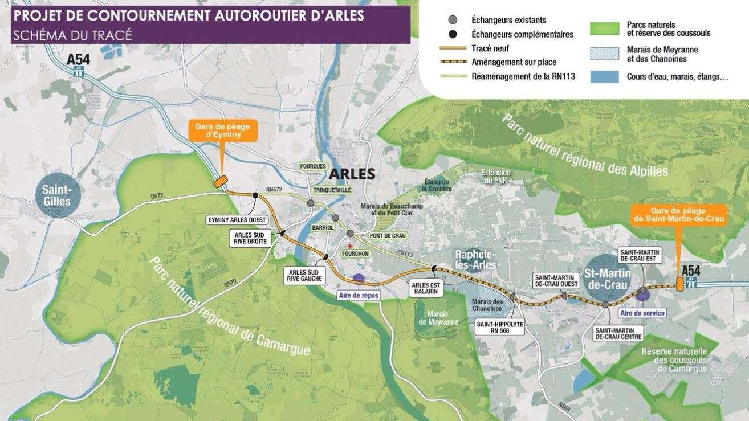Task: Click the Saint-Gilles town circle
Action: (x=56, y=195)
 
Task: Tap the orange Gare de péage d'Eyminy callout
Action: (x=222, y=130)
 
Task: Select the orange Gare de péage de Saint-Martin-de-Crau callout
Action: (x=679, y=215)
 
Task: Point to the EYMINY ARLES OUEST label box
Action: (x=236, y=219)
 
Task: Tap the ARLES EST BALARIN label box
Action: (x=426, y=287)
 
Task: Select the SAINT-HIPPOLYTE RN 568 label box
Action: (x=499, y=326)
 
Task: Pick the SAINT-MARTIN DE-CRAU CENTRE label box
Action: (x=618, y=333)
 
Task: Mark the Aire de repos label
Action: (x=359, y=295)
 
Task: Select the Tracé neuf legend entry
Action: (x=490, y=48)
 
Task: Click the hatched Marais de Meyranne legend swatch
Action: (x=604, y=54)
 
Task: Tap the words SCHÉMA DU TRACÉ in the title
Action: (x=72, y=35)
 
